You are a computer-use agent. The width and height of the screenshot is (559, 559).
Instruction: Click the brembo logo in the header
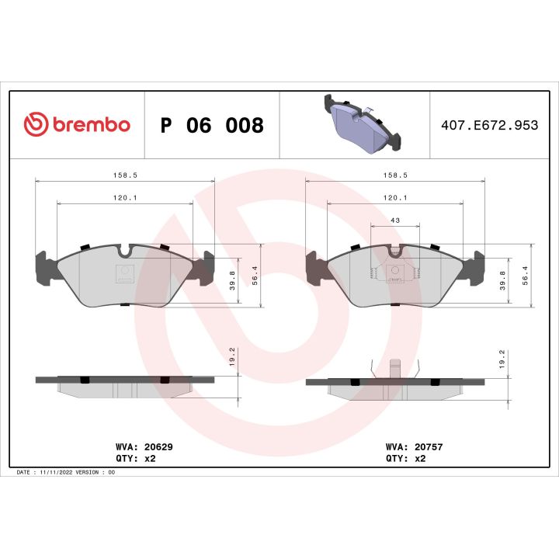[x=77, y=124]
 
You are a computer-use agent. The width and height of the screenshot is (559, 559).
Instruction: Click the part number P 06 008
[x=211, y=125]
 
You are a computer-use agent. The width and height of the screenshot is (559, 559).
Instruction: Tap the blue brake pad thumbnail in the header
[x=359, y=123]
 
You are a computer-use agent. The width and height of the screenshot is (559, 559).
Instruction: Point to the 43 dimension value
[x=394, y=220]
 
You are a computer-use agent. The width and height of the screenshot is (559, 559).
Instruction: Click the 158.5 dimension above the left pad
[x=124, y=176]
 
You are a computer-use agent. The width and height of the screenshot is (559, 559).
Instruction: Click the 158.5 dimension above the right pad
[x=394, y=176]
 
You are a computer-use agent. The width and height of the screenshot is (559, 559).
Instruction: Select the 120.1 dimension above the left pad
[x=125, y=199]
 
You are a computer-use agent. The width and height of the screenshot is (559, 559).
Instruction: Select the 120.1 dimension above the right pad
[x=394, y=199]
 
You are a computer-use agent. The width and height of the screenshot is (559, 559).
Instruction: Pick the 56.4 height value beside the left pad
[x=254, y=276]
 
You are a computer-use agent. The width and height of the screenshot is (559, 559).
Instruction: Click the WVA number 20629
[x=153, y=448]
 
